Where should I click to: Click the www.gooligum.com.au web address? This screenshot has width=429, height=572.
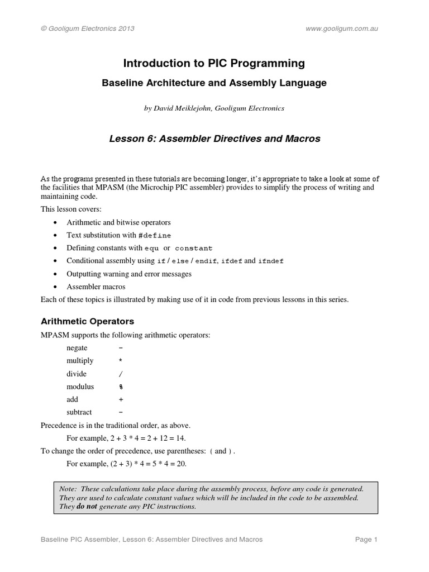[x=342, y=28]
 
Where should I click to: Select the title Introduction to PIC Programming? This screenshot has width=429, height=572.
[x=214, y=64]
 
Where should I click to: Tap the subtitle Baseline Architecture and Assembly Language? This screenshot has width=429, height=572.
[x=214, y=83]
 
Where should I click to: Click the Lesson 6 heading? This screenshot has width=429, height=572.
[x=214, y=139]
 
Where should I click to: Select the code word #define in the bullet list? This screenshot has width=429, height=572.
[x=155, y=236]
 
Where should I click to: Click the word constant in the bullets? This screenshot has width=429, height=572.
[x=194, y=248]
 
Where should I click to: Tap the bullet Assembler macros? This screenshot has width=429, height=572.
[x=96, y=287]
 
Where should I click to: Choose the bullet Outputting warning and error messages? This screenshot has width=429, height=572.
[x=129, y=274]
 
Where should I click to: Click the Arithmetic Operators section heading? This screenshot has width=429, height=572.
[x=88, y=322]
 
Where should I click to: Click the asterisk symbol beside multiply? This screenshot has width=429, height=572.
[x=121, y=361]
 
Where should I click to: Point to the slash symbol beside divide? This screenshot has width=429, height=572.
[x=121, y=374]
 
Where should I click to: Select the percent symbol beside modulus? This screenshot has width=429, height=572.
[x=121, y=387]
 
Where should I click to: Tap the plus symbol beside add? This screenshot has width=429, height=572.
[x=121, y=399]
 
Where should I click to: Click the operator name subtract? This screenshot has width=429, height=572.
[x=79, y=412]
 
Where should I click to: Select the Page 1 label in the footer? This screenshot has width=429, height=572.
[x=366, y=540]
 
